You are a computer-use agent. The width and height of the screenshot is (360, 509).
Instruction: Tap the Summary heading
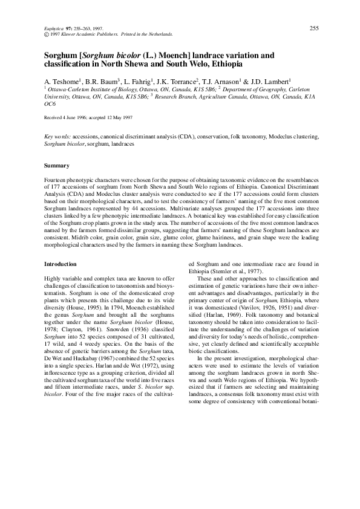click(57, 166)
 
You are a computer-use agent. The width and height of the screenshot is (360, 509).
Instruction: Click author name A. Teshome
click(67, 80)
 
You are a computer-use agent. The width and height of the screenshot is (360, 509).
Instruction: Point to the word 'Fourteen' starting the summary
click(57, 181)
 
